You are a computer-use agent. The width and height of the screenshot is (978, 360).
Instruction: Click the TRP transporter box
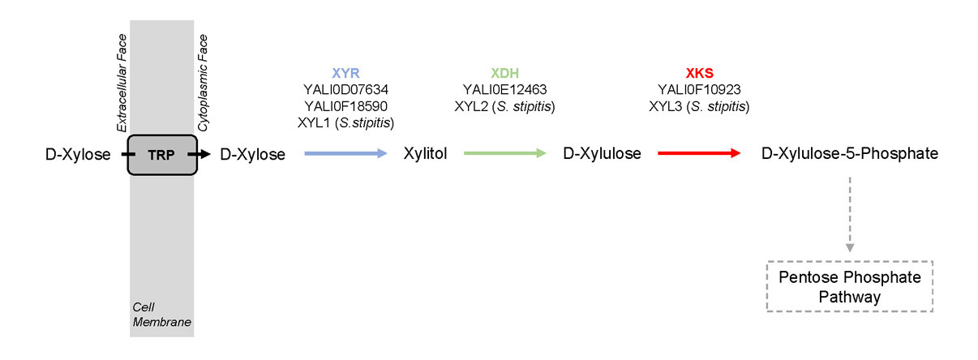point(161,152)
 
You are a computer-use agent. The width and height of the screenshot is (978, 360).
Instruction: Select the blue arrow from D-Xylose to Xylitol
point(345,152)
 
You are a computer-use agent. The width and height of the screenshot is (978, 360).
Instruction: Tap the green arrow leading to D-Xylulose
point(504,152)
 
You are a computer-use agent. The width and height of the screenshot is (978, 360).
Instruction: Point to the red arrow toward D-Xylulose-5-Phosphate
point(698,152)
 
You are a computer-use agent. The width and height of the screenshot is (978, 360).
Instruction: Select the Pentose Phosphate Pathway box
point(849,287)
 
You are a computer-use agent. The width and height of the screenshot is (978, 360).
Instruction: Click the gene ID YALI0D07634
point(345,90)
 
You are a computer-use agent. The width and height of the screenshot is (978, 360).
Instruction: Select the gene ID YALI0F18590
point(345,106)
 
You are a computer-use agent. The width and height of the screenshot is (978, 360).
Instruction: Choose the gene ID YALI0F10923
point(699,90)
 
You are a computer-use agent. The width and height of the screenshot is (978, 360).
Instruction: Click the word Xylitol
point(426,153)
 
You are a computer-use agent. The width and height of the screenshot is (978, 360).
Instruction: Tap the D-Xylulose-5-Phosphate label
point(850,153)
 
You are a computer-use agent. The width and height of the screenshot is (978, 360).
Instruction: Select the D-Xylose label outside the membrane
point(78,153)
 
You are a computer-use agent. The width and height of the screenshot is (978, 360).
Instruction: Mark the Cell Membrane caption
point(161,314)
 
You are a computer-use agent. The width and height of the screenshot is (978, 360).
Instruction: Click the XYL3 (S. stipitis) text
point(699,106)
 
